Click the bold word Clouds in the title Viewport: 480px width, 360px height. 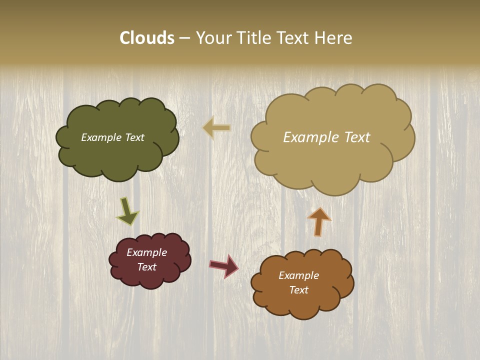(147, 38)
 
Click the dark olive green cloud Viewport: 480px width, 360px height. (117, 155)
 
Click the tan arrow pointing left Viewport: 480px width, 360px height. (216, 128)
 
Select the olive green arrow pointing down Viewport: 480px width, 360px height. (127, 211)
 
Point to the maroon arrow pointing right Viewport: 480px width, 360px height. (223, 265)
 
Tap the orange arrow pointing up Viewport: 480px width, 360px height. (318, 221)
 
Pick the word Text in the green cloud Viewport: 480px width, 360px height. (134, 137)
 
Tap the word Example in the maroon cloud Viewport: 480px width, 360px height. (146, 252)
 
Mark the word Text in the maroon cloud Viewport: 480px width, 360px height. (147, 267)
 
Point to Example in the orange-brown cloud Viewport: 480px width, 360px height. (298, 275)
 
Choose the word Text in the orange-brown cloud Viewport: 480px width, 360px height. (299, 290)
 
